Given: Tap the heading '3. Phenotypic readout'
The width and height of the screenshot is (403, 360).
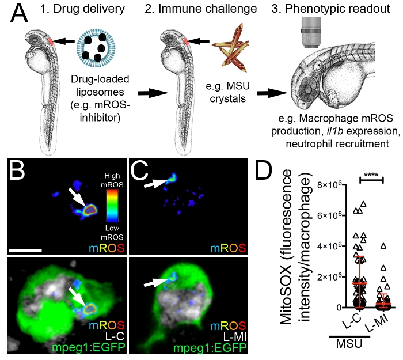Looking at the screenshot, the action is [x=333, y=9].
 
